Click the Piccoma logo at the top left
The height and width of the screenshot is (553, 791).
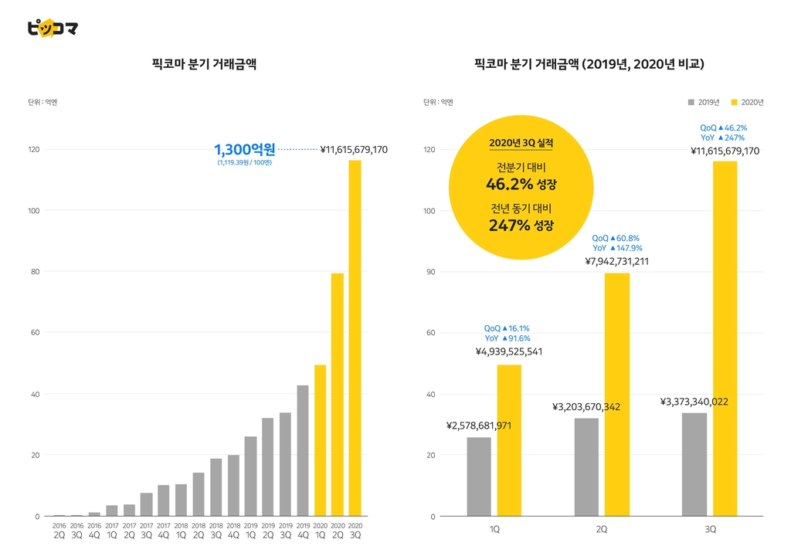point(53,29)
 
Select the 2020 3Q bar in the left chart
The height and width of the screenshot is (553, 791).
point(355,338)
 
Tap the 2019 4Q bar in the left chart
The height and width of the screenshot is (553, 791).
point(303,450)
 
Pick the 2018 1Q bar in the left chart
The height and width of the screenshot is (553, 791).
point(181,500)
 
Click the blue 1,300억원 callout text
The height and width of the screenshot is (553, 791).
point(245,149)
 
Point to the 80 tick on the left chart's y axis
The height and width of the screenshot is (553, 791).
point(35,271)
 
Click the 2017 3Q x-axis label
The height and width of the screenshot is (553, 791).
point(146,531)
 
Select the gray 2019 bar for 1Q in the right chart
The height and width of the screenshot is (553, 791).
point(479,477)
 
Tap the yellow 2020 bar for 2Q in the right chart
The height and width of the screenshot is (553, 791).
point(617,395)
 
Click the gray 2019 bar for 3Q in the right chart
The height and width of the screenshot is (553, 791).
point(694,465)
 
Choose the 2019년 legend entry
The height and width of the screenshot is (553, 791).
point(704,103)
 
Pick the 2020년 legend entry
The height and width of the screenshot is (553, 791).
point(747,103)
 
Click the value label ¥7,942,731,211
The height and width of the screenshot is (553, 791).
point(617,261)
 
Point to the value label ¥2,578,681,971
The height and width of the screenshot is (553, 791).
point(479,426)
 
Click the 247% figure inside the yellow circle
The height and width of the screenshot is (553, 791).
point(510,225)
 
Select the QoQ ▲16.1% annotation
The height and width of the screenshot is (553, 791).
point(507,328)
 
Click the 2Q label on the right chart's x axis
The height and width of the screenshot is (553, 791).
point(601,529)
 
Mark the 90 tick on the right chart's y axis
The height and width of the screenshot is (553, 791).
point(430,272)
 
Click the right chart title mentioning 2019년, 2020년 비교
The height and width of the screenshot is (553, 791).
point(589,64)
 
